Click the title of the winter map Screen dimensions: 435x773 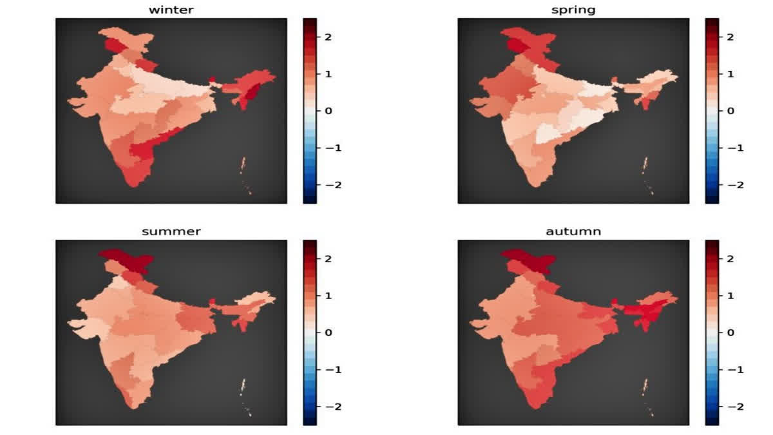171,10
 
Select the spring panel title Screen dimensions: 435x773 573,10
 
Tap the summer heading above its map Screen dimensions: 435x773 171,231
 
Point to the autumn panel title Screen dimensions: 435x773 573,231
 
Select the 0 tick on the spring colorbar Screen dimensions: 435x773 730,111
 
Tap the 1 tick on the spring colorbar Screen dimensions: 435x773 730,74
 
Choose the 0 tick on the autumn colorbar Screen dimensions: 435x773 730,333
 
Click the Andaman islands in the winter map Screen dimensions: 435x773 243,165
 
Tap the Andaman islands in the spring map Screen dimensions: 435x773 646,165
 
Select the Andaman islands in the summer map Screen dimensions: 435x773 243,387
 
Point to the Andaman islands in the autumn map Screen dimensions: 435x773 646,387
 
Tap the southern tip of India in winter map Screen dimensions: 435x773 133,182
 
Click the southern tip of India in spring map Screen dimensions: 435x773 535,182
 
